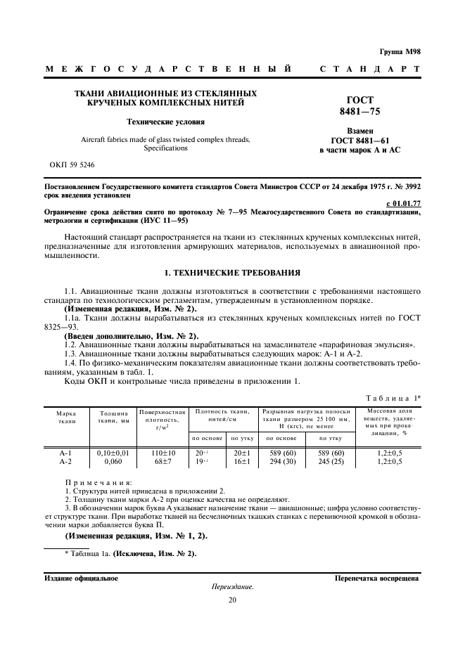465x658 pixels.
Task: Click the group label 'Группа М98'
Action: click(x=401, y=51)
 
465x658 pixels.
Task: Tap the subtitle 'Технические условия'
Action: click(x=165, y=122)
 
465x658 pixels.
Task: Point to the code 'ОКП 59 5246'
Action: click(x=72, y=164)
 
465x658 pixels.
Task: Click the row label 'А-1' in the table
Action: click(x=67, y=453)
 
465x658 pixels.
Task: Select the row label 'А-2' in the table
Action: click(x=67, y=462)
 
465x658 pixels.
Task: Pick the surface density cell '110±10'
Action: click(x=162, y=453)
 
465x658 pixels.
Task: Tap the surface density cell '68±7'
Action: click(x=162, y=462)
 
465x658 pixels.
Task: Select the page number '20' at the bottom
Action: click(x=232, y=599)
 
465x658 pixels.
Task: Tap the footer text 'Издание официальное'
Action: click(x=81, y=579)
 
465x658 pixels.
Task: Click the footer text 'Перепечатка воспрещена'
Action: click(x=377, y=579)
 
